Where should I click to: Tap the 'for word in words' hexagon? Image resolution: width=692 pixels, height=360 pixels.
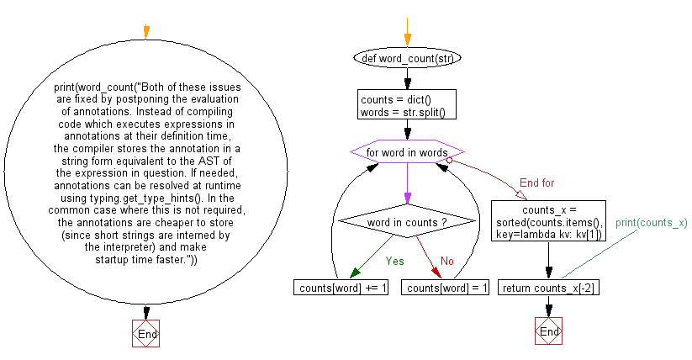(x=407, y=153)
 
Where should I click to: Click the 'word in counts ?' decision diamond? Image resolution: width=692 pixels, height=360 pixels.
(x=407, y=221)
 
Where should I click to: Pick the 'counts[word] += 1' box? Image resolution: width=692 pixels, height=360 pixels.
(x=341, y=288)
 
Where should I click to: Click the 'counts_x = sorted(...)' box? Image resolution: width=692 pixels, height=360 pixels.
(x=548, y=220)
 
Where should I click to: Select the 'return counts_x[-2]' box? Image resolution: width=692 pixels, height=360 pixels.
(x=548, y=288)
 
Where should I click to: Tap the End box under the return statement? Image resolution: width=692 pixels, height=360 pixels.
(x=548, y=331)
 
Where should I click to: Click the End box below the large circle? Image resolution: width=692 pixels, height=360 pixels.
(x=146, y=334)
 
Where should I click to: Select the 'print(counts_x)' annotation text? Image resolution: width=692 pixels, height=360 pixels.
(x=651, y=223)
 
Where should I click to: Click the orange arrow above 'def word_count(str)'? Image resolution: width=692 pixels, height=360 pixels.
(x=407, y=37)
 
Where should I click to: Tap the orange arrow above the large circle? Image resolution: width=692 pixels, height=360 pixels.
(x=146, y=31)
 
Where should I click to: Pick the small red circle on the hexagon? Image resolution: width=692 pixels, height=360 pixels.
(x=450, y=159)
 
